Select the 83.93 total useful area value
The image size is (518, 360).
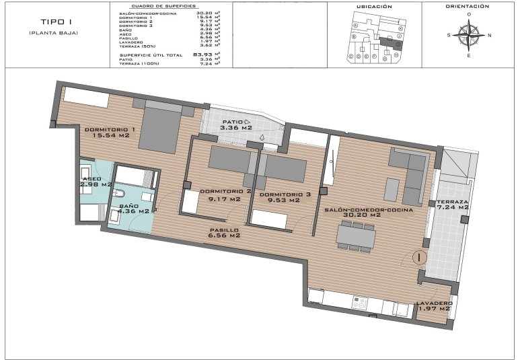tap(202, 54)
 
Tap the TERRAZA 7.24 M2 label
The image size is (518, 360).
tap(452, 205)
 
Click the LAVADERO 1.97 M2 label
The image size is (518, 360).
tap(434, 305)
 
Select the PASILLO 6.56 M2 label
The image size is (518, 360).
tap(225, 233)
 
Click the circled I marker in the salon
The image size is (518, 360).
tap(418, 256)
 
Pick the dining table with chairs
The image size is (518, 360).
tap(357, 236)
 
